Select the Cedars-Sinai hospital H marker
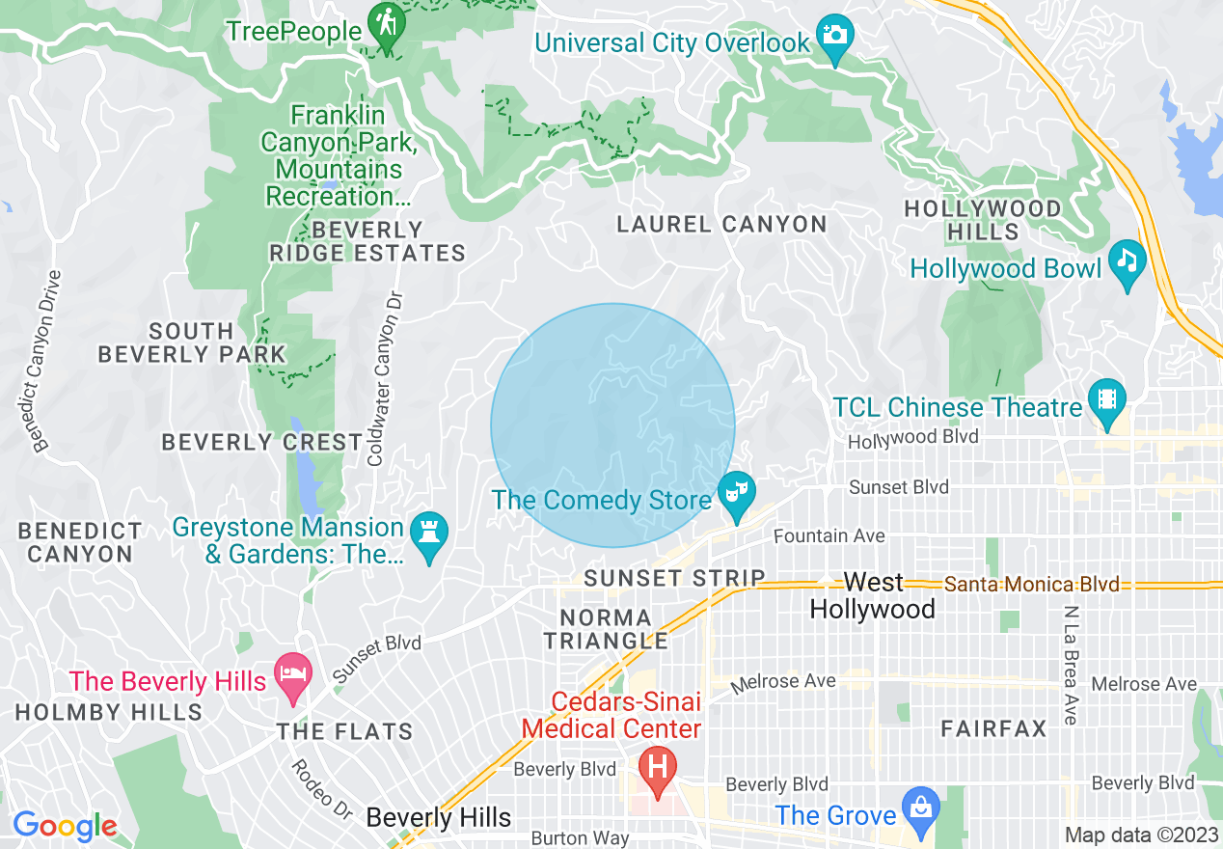(658, 768)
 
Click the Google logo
(65, 826)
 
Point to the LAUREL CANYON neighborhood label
(721, 225)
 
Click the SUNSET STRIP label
(674, 578)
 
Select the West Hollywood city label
(872, 596)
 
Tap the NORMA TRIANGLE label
(605, 628)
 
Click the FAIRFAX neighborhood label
(993, 728)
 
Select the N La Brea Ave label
(1070, 666)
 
